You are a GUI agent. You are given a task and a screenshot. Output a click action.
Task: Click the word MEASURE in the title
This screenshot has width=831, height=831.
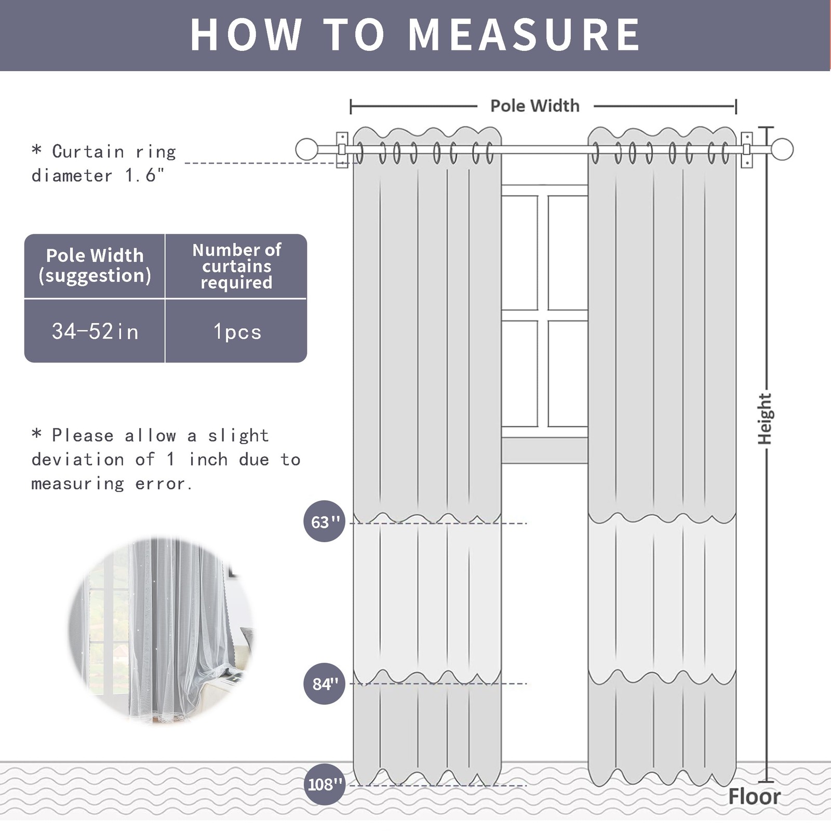tap(525, 35)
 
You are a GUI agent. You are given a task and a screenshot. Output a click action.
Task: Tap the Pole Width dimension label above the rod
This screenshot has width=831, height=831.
tap(534, 106)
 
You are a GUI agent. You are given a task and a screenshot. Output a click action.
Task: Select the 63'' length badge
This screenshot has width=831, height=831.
tap(324, 521)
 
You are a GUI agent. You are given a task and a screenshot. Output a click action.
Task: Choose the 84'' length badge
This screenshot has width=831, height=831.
tap(324, 683)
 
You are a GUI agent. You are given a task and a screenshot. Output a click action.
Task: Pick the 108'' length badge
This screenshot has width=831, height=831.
tap(324, 784)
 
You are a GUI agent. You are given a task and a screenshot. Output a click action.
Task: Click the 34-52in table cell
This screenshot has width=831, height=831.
tap(95, 331)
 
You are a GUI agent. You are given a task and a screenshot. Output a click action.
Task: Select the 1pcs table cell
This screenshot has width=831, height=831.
tap(237, 331)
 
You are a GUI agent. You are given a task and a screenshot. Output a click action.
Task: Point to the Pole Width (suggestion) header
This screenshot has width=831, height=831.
tap(95, 265)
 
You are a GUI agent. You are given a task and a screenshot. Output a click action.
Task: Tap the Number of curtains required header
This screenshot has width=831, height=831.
tap(236, 266)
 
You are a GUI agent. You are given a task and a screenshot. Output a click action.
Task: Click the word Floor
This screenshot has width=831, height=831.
tap(754, 796)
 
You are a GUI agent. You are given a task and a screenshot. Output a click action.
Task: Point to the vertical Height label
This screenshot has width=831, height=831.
tap(765, 419)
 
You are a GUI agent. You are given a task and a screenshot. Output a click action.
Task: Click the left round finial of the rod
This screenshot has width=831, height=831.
tap(306, 150)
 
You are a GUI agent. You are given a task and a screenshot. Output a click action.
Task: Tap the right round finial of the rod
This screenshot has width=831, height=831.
tap(782, 150)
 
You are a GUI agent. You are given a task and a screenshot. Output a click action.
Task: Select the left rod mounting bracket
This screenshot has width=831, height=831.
tap(342, 150)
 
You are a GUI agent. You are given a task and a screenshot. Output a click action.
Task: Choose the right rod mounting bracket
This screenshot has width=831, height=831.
tap(746, 150)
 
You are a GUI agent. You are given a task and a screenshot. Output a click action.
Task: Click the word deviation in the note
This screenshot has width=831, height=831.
tap(77, 460)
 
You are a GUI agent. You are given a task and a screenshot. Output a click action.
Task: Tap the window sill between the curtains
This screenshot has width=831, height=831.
tap(544, 450)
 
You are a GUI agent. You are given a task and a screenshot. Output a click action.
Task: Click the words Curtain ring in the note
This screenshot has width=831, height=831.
tap(114, 152)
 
